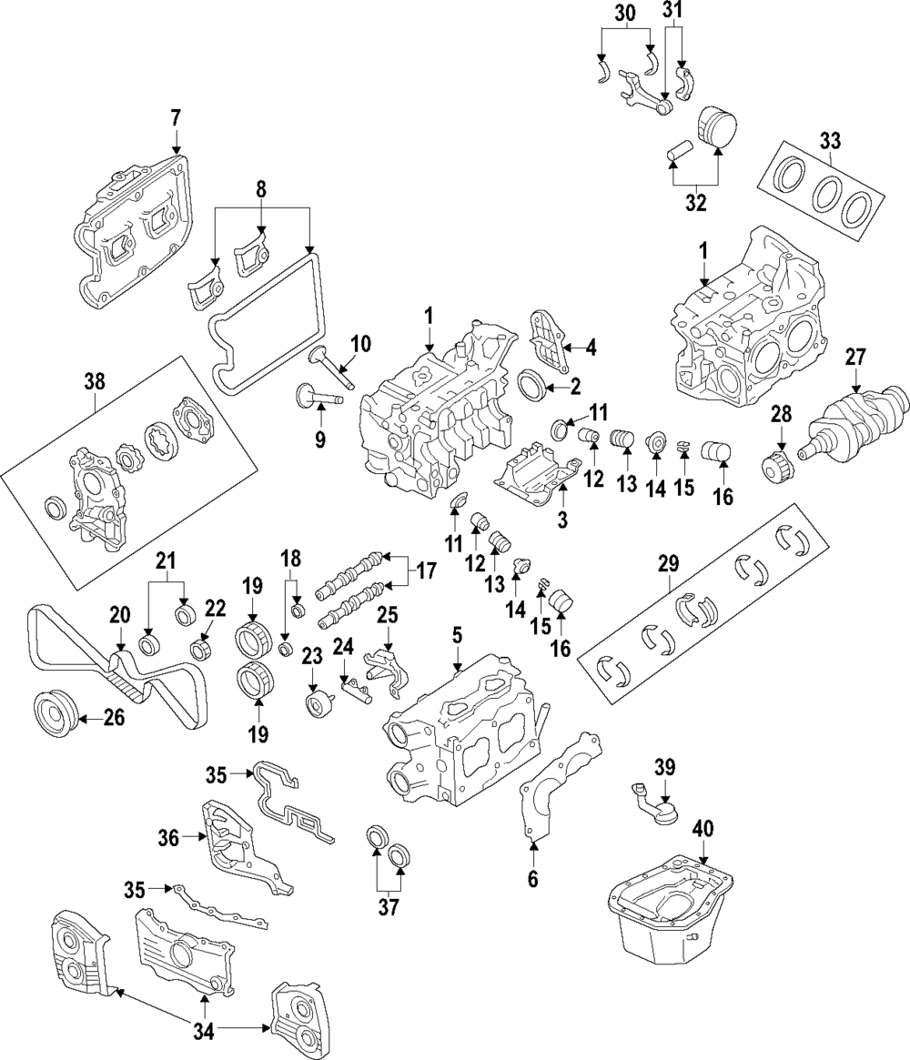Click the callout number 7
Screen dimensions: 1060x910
[x=176, y=117]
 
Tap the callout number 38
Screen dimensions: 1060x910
[x=94, y=383]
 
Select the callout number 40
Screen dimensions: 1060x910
[x=703, y=828]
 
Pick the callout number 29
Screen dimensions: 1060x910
[x=669, y=564]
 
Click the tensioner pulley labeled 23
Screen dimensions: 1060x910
[x=317, y=706]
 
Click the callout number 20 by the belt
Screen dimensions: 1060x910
[x=120, y=617]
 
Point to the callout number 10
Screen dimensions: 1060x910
[x=361, y=344]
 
